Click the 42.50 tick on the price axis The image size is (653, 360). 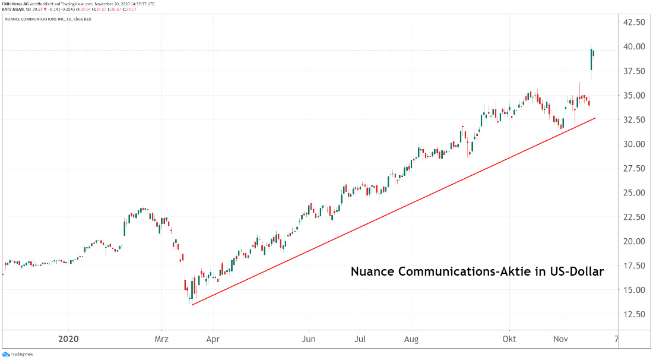633,22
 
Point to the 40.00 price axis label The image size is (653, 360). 633,46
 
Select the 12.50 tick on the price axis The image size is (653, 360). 633,314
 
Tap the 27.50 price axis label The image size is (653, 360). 633,168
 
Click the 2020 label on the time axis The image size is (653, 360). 68,340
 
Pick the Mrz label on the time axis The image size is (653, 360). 162,340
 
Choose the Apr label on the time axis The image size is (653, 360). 213,340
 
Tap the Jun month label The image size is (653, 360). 309,340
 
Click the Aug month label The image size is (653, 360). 411,340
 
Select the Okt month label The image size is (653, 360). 509,340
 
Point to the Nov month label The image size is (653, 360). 562,340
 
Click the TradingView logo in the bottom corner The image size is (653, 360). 17,354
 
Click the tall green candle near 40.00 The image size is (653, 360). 591,59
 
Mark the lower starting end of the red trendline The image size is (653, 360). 192,305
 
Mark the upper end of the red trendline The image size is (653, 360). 595,118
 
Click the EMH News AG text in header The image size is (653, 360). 17,3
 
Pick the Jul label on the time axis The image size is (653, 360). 360,340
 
